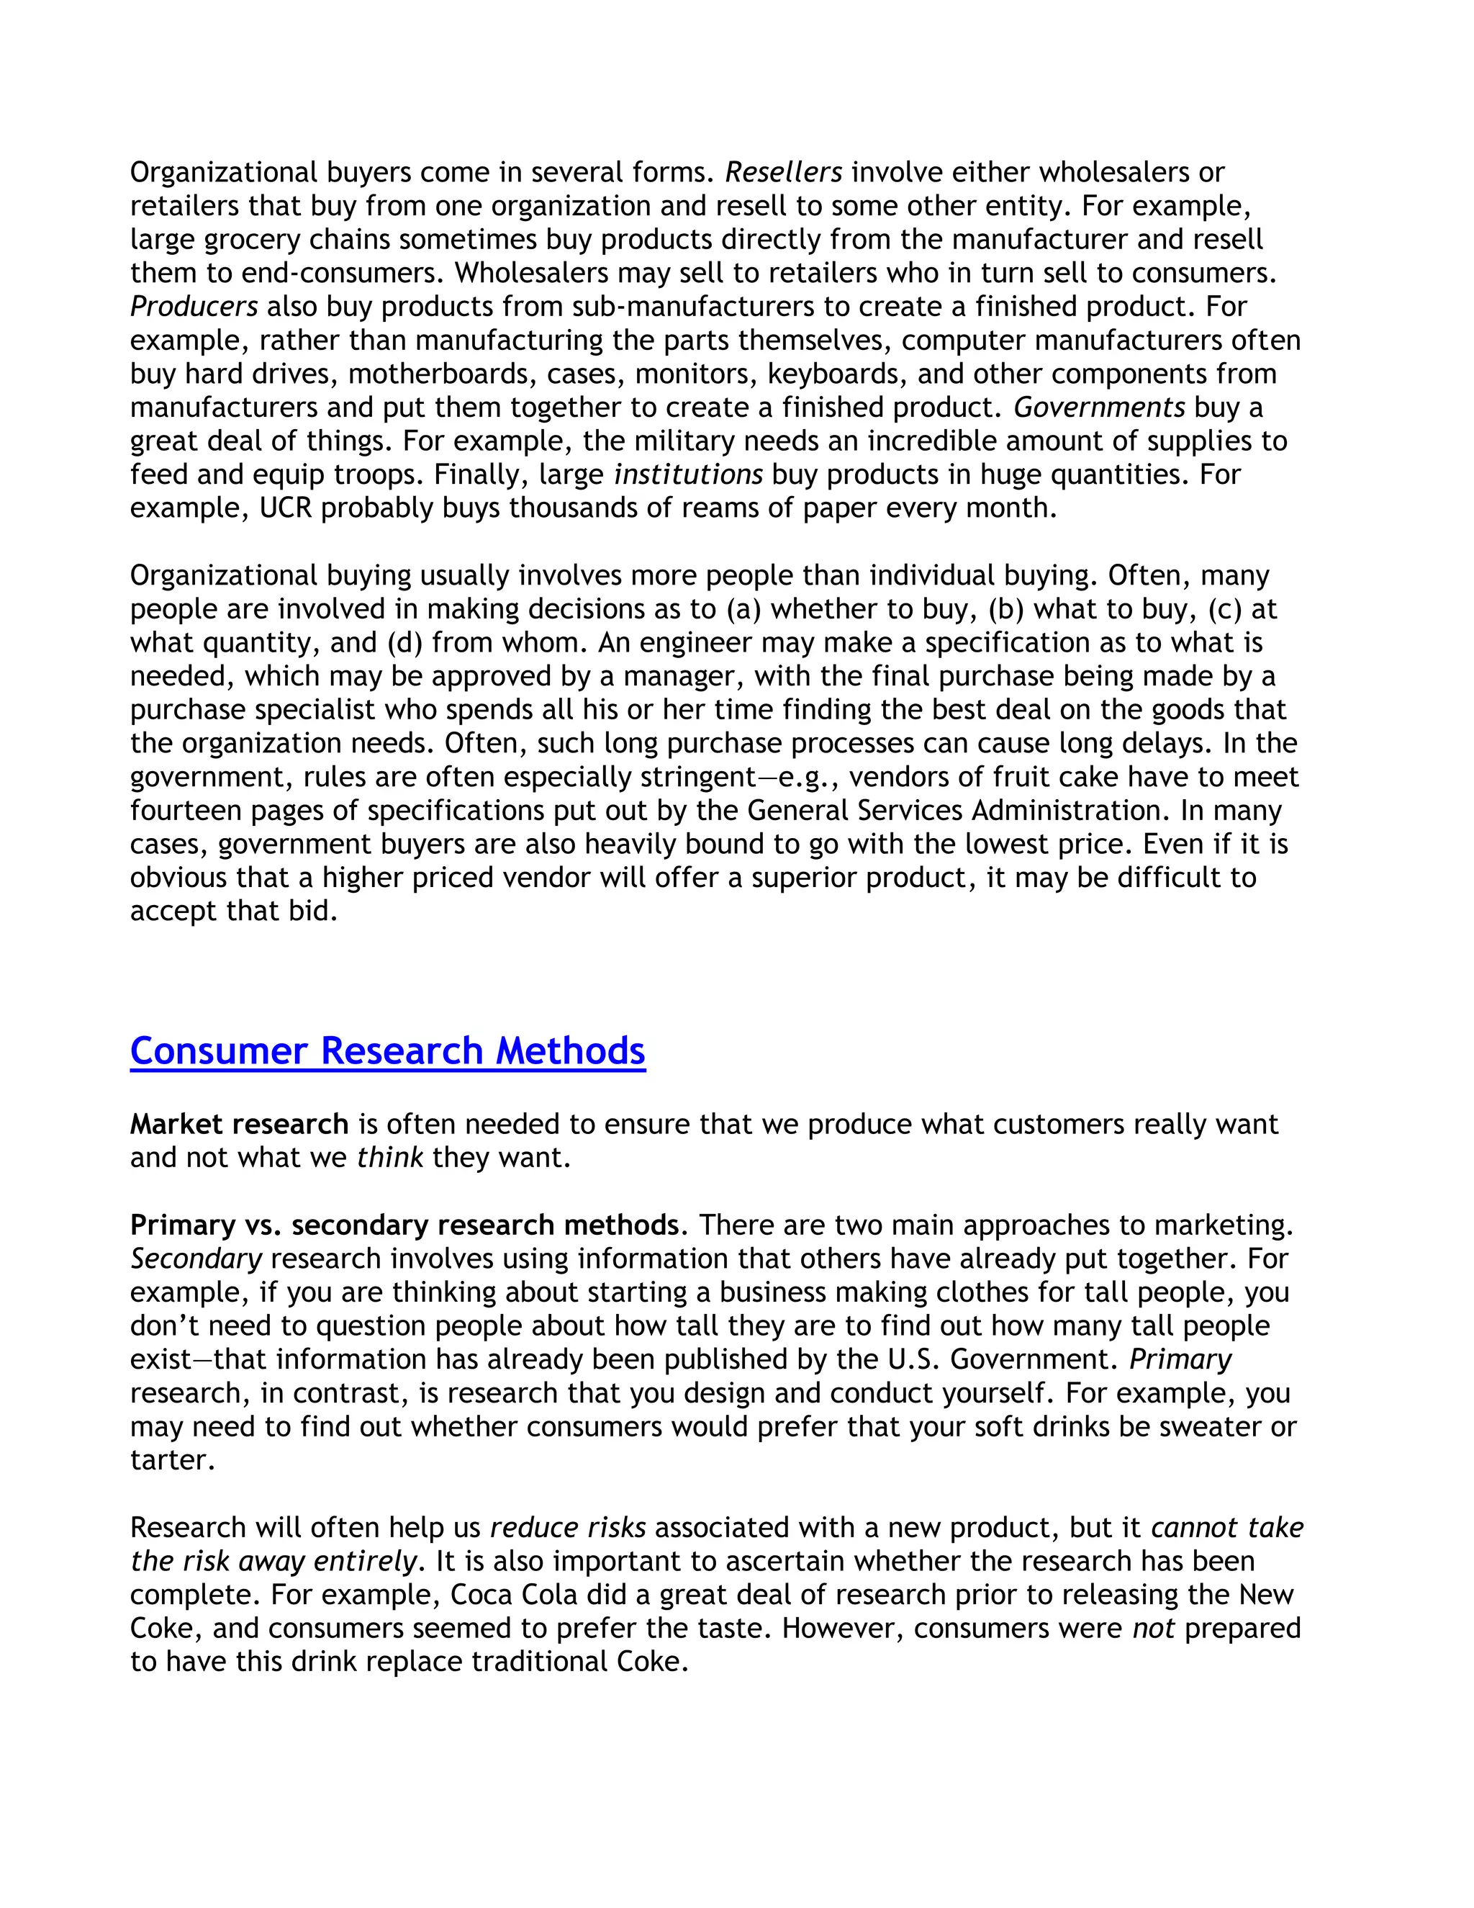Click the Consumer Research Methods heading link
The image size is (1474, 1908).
(388, 1051)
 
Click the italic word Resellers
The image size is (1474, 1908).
(783, 172)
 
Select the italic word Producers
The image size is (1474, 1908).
(194, 307)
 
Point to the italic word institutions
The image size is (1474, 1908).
(688, 474)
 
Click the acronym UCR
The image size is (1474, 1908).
(286, 508)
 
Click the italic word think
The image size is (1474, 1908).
(389, 1158)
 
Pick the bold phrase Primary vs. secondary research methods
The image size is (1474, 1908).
(404, 1225)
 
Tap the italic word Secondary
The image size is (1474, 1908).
(196, 1259)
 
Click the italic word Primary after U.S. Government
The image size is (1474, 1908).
(1180, 1359)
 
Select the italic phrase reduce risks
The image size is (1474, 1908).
(568, 1527)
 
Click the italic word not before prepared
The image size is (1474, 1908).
(1153, 1629)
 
